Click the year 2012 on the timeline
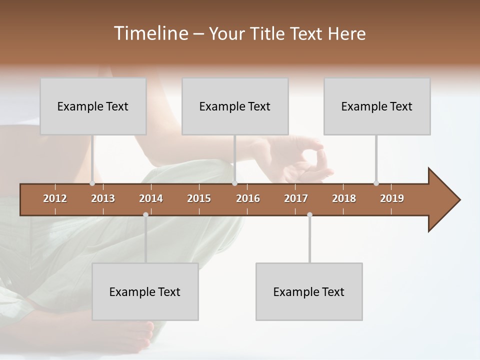[55, 198]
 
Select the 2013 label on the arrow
[103, 198]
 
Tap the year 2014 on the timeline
[151, 198]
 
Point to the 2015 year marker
[199, 198]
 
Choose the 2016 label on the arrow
[248, 198]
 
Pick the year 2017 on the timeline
[296, 198]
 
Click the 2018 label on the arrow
[344, 198]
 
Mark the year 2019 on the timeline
[392, 198]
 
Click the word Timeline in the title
[150, 33]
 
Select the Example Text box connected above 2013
[93, 106]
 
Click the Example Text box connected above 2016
[235, 106]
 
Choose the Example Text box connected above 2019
[377, 106]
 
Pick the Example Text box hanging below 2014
[145, 291]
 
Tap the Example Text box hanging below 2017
[309, 291]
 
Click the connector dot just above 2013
[92, 183]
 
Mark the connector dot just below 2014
[145, 215]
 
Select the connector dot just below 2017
[309, 215]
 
